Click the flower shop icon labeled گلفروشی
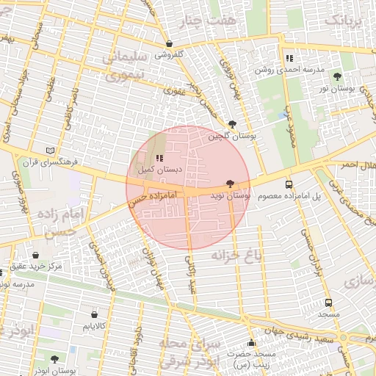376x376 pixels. pyautogui.click(x=170, y=43)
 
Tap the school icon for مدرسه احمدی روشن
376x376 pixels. pyautogui.click(x=289, y=57)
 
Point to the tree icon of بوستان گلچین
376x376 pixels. pyautogui.click(x=233, y=124)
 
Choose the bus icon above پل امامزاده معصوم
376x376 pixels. pyautogui.click(x=289, y=184)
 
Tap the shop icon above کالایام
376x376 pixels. pyautogui.click(x=93, y=314)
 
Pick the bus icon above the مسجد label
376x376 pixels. pyautogui.click(x=328, y=302)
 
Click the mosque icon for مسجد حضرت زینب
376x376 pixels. pyautogui.click(x=251, y=343)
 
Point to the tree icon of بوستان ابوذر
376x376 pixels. pyautogui.click(x=54, y=359)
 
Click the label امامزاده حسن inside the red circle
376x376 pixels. pyautogui.click(x=153, y=198)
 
